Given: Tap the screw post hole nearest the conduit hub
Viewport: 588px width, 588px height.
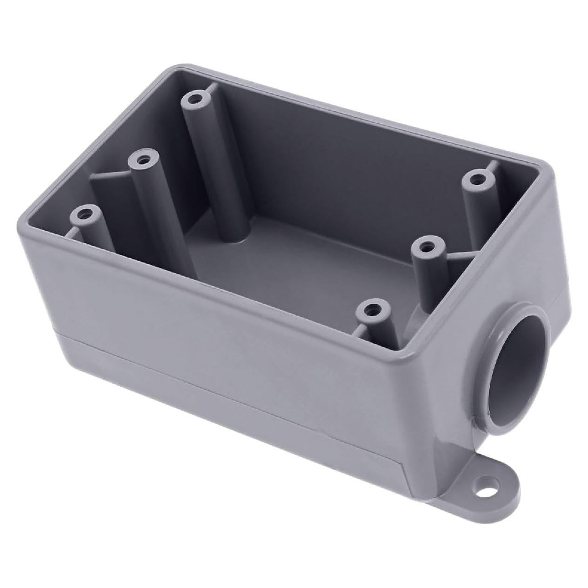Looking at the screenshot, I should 371,308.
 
